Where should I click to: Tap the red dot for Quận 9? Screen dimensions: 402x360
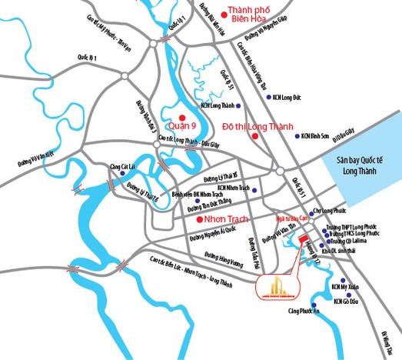click(182, 116)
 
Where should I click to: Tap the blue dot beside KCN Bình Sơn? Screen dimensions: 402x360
click(296, 136)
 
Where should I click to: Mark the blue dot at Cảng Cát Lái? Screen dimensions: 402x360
click(123, 174)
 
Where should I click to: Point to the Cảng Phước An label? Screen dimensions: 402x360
click(302, 311)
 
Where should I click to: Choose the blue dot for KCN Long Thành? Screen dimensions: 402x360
click(240, 105)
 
